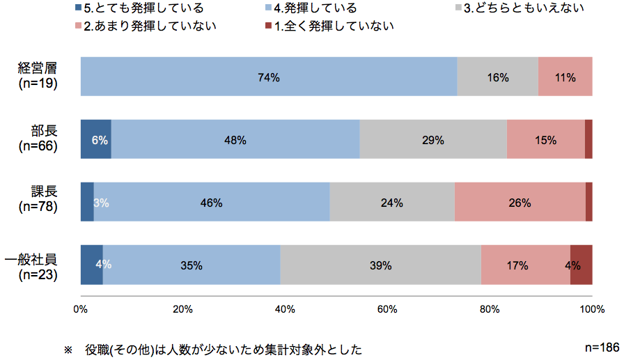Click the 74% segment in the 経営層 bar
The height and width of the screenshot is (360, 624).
[x=269, y=77]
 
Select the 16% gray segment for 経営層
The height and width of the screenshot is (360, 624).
[x=497, y=77]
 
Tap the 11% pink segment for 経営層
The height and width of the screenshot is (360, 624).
[x=565, y=77]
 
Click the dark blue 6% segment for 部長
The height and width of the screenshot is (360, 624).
[x=96, y=139]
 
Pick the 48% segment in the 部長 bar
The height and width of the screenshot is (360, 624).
[x=235, y=139]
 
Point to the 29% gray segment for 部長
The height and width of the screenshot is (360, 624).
[x=432, y=139]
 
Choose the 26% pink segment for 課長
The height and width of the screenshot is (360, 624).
[x=520, y=203]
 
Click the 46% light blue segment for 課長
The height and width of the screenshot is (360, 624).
[x=211, y=203]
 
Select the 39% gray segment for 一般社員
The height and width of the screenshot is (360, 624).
[x=380, y=265]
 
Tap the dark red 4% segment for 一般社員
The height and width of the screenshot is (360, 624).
[x=581, y=265]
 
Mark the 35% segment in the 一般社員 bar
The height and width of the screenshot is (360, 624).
[x=192, y=265]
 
